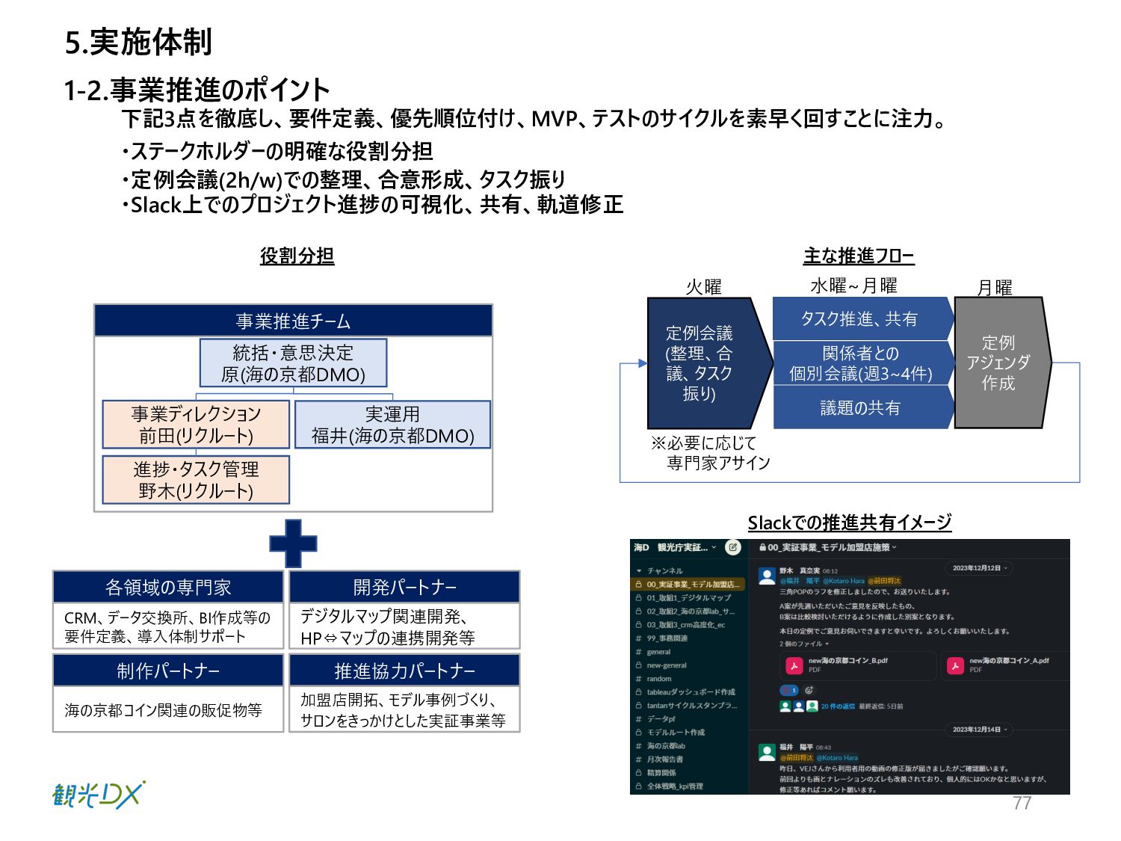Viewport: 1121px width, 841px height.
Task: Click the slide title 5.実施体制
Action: [138, 42]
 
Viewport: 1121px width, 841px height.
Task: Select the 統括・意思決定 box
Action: [293, 363]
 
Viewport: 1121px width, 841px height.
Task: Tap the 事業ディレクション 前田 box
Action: [196, 425]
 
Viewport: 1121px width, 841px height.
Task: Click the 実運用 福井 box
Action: [392, 425]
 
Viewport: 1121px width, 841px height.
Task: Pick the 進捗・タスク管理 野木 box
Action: [196, 479]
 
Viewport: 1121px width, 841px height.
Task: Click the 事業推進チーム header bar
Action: [293, 321]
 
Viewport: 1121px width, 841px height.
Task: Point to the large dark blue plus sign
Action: [293, 543]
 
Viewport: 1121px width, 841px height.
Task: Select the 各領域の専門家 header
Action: [168, 588]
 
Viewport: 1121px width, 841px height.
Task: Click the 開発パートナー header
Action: [404, 588]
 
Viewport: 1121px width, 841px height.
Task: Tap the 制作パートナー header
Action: [168, 671]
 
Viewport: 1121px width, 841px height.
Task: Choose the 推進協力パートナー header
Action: [404, 671]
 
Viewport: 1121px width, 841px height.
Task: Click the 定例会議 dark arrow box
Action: [702, 363]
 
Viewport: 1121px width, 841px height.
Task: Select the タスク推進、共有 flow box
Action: [859, 319]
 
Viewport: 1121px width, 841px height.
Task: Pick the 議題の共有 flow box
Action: [859, 407]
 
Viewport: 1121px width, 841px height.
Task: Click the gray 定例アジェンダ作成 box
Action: [999, 363]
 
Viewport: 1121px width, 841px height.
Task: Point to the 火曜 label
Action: [703, 287]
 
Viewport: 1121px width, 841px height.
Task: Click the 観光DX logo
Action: [98, 795]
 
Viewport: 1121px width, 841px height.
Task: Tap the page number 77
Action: [1022, 803]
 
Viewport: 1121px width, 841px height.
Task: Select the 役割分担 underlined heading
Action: [297, 256]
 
